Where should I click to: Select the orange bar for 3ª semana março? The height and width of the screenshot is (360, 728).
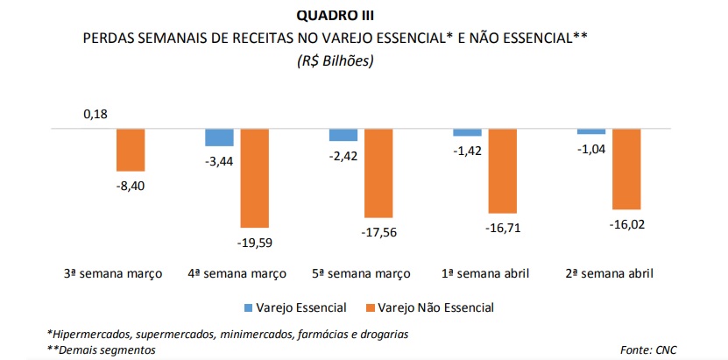point(131,150)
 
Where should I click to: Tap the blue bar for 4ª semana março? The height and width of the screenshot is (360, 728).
point(219,138)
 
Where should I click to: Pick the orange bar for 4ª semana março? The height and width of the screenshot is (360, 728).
point(255,178)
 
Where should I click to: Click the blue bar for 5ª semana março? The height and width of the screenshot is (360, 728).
point(343,135)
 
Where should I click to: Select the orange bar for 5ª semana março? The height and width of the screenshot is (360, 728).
point(379,173)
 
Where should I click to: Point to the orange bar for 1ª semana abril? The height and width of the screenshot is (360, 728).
point(504,171)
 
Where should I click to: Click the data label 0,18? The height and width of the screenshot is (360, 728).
point(95,114)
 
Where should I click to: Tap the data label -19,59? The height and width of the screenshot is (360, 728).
point(255,242)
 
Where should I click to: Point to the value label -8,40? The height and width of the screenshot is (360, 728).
point(131,185)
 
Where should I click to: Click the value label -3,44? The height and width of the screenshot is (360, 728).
point(219,160)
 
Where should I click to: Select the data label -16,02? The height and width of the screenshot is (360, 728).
point(628,225)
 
